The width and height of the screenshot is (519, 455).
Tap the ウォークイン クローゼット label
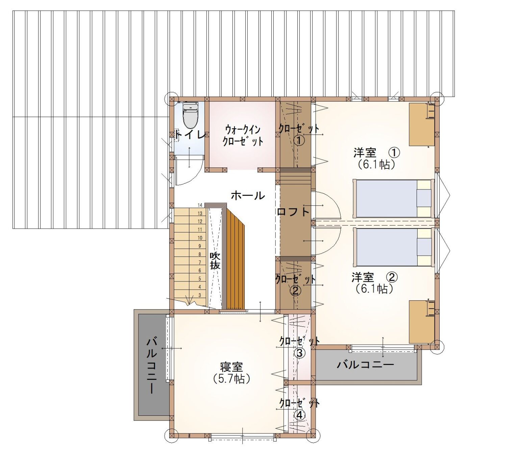tap(243, 136)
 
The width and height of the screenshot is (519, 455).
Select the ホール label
tap(248, 196)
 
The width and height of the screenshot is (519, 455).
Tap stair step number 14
tap(200, 205)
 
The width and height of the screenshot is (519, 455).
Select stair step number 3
tap(200, 295)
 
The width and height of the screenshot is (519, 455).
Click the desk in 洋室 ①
tap(422, 124)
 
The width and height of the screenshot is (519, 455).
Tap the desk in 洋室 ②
tap(422, 322)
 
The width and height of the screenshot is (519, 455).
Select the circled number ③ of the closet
tap(299, 353)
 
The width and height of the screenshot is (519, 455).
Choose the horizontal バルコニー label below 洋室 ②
tap(366, 365)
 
